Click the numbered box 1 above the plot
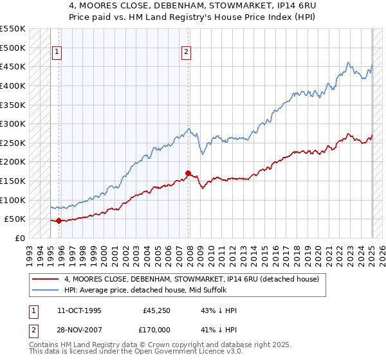(57, 53)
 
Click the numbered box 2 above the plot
(186, 53)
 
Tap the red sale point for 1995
(59, 221)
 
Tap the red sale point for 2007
(188, 173)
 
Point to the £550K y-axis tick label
(13, 29)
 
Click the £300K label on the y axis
(13, 123)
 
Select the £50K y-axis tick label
(15, 219)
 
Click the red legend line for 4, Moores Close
(46, 279)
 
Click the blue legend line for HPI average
(46, 290)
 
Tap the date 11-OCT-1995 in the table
(79, 310)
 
